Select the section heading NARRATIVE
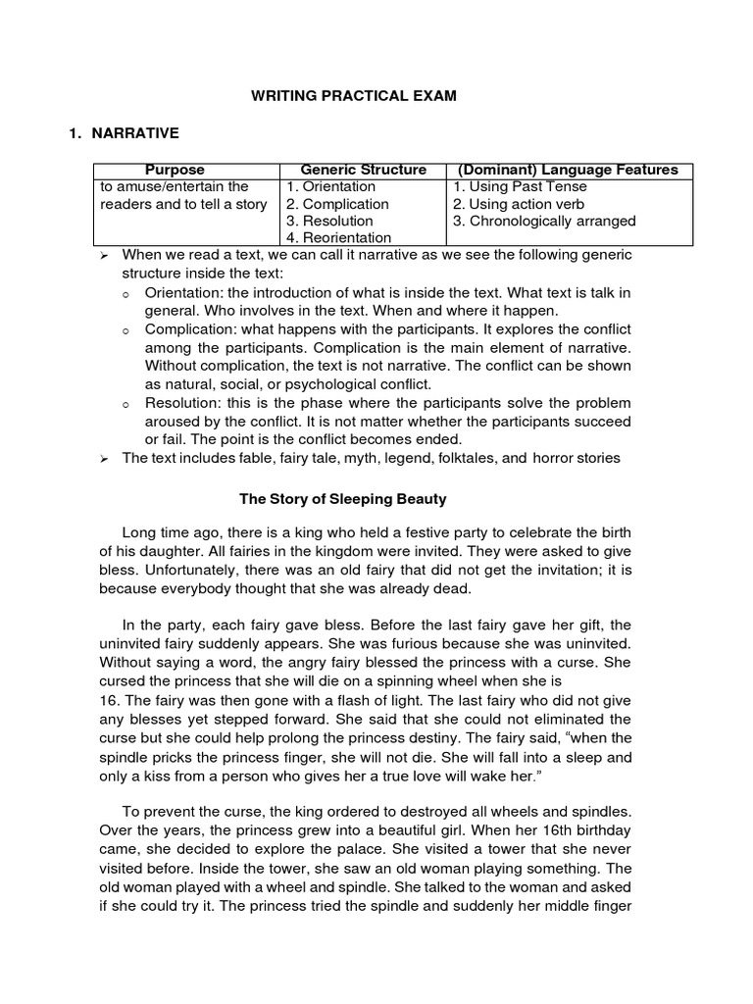pyautogui.click(x=136, y=133)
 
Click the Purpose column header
pyautogui.click(x=176, y=170)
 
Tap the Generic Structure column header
pyautogui.click(x=363, y=170)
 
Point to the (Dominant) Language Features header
pyautogui.click(x=570, y=170)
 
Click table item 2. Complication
pyautogui.click(x=337, y=204)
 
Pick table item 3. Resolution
pyautogui.click(x=329, y=221)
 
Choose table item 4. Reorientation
pyautogui.click(x=338, y=237)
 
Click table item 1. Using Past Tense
pyautogui.click(x=520, y=186)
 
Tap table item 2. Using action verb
pyautogui.click(x=519, y=204)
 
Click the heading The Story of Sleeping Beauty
pyautogui.click(x=343, y=499)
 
